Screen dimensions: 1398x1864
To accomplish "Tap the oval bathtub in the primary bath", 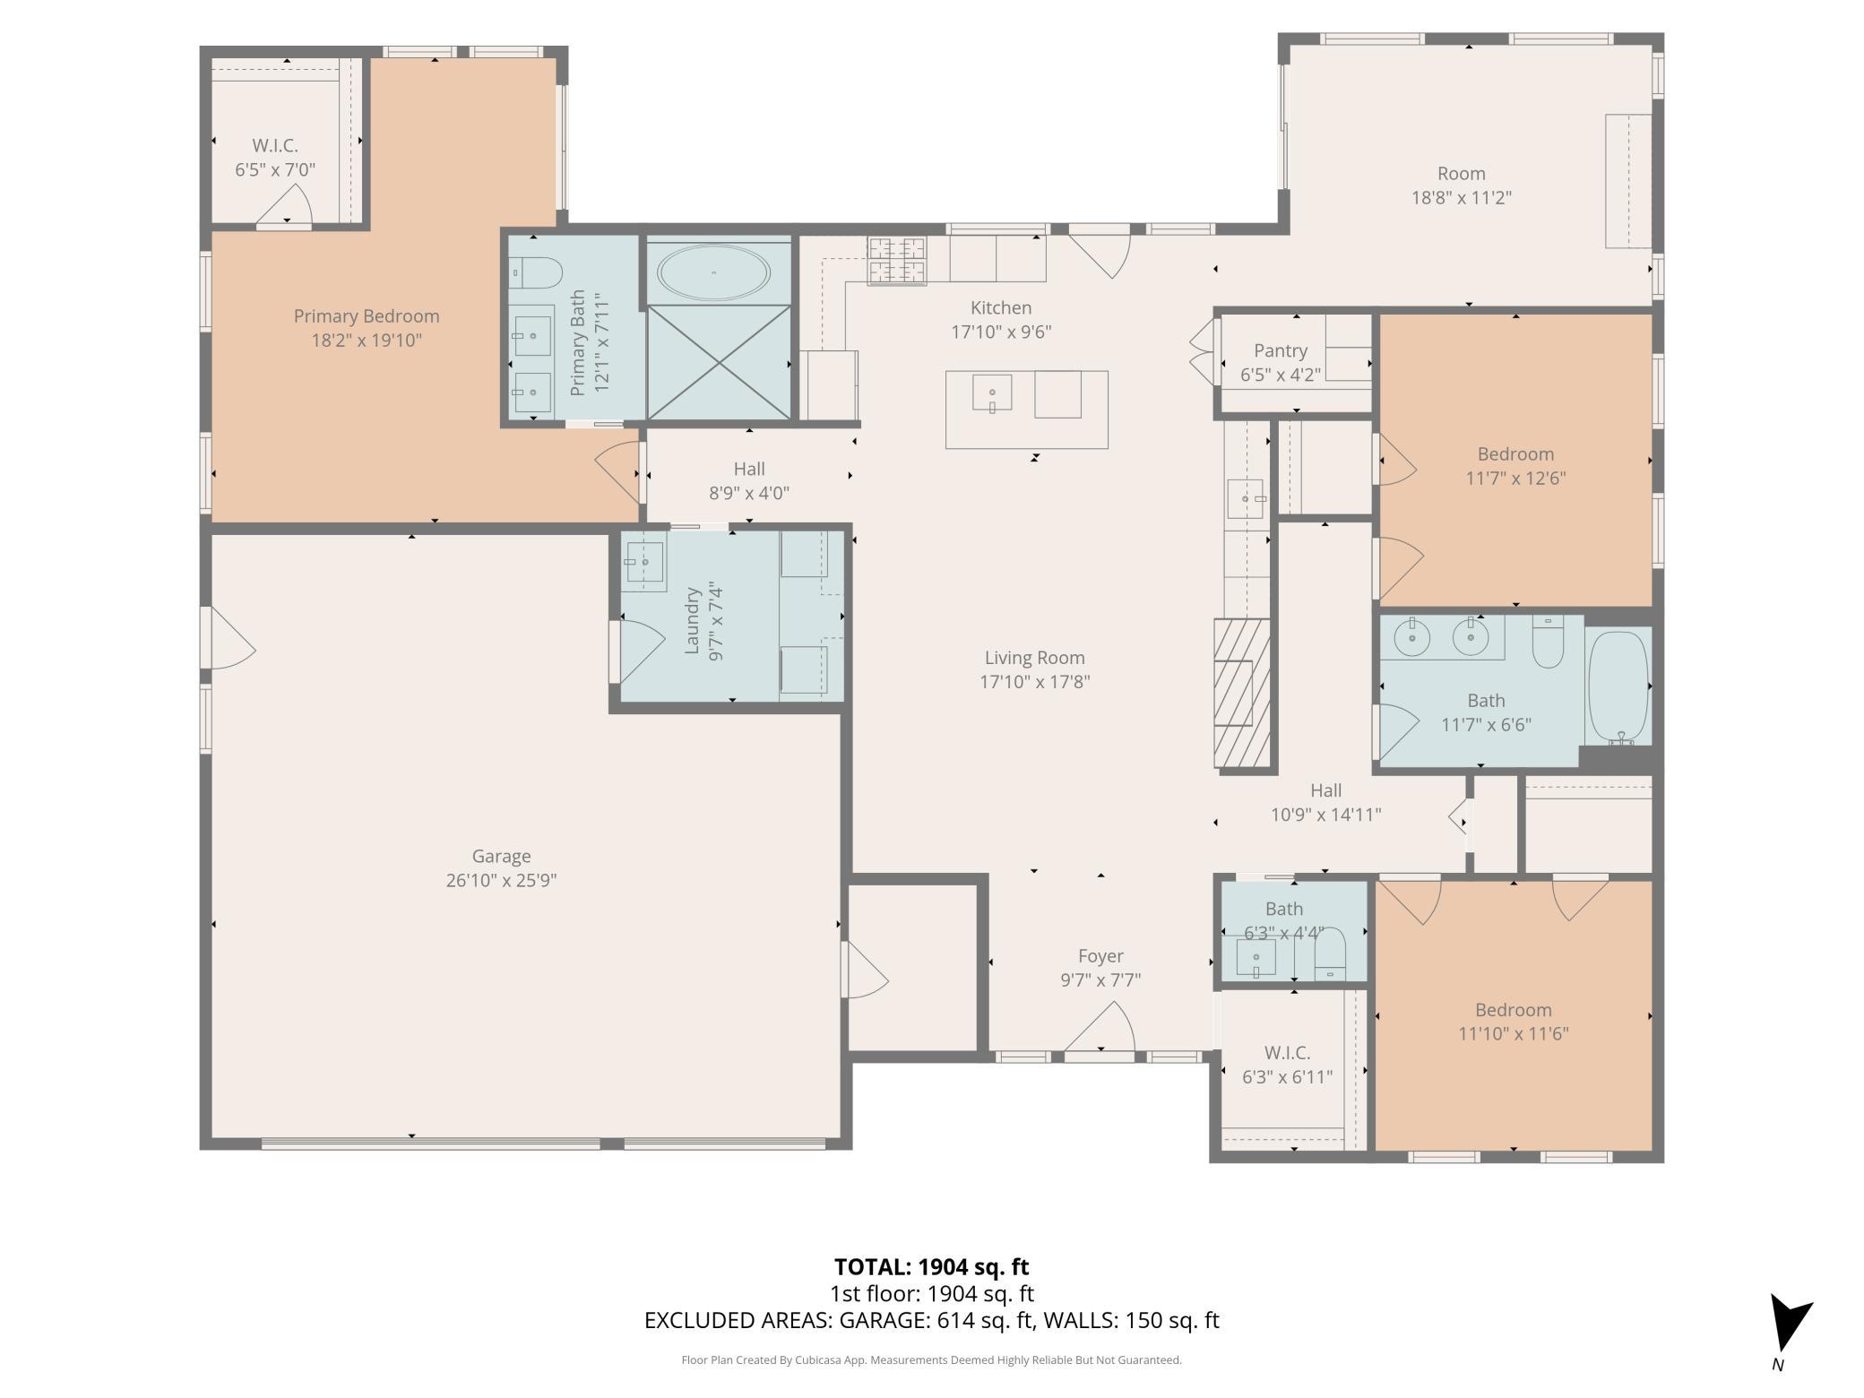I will point(713,272).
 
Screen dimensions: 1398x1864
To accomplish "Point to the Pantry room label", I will point(1280,350).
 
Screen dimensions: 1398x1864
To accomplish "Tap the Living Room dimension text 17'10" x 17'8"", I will point(1034,682).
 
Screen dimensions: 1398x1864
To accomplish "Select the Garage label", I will point(501,856).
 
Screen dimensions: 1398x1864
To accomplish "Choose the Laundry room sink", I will point(643,562).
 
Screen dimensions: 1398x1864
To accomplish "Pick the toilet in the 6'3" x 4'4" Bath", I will point(1330,954).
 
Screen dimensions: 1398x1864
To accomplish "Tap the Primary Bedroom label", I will point(366,316).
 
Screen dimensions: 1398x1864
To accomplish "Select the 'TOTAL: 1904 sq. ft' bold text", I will point(931,1266).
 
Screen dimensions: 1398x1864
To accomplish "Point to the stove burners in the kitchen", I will point(896,261).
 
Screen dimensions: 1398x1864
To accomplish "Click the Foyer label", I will point(1100,956).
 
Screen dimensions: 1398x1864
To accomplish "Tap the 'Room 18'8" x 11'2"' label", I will point(1461,186).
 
